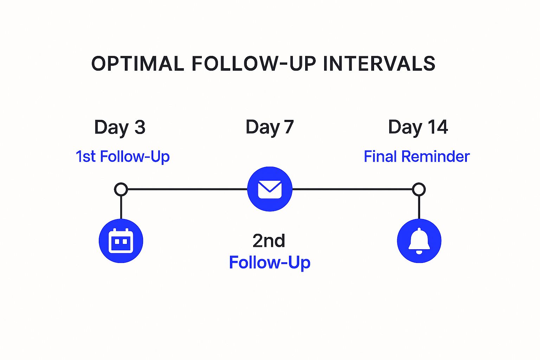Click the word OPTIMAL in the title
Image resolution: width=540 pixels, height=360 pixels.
[x=137, y=64]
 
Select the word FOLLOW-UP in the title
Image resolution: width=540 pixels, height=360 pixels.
[x=253, y=64]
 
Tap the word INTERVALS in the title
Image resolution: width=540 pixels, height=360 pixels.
[x=379, y=64]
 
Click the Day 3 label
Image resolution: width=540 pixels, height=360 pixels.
[x=120, y=127]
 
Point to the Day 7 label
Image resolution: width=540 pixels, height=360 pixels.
[x=269, y=127]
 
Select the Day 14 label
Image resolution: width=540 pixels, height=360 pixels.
[x=418, y=127]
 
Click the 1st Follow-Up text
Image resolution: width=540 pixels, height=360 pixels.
[x=122, y=156]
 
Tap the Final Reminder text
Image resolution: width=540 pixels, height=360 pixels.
[x=417, y=156]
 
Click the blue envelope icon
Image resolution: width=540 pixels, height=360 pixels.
[x=270, y=189]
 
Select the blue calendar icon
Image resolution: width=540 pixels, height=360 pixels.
[x=121, y=241]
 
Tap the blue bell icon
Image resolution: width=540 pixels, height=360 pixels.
[x=419, y=241]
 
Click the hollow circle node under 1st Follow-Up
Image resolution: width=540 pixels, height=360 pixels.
[x=121, y=189]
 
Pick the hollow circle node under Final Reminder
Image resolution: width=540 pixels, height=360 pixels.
[x=419, y=189]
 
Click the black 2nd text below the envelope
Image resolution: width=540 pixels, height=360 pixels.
[x=269, y=241]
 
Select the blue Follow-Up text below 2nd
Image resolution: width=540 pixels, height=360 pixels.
[x=269, y=263]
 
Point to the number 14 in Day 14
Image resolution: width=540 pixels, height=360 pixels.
[x=438, y=127]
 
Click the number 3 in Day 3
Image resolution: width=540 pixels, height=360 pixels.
[x=140, y=127]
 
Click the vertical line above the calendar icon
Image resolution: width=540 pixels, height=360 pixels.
[x=121, y=207]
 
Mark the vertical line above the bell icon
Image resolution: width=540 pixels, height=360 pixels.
[x=419, y=207]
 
